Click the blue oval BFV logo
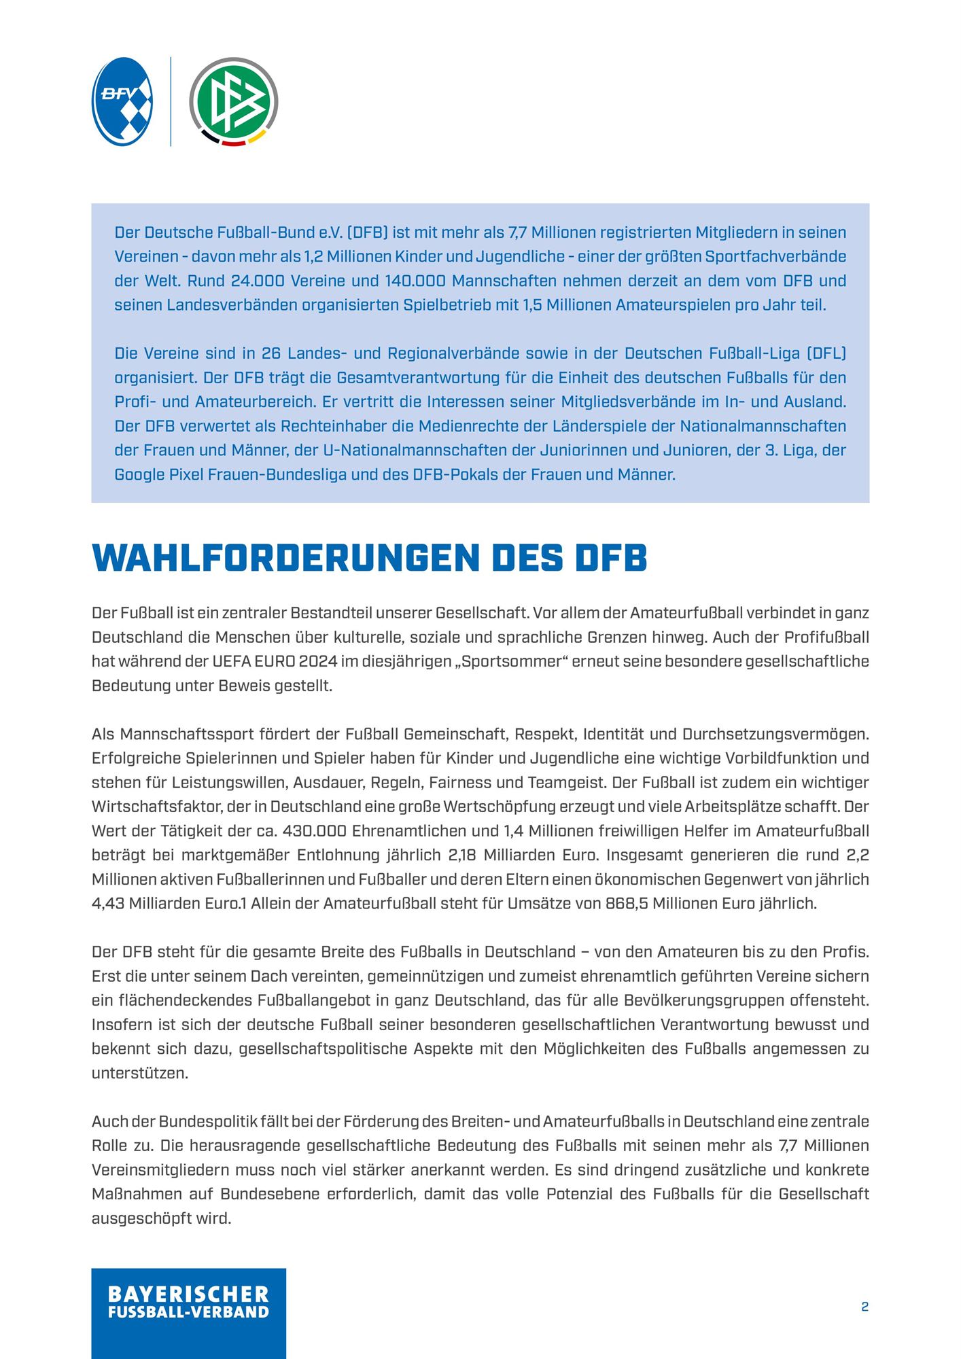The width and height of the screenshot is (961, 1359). pyautogui.click(x=122, y=101)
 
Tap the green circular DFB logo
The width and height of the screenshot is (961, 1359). pyautogui.click(x=233, y=101)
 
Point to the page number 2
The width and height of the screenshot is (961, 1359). pyautogui.click(x=864, y=1306)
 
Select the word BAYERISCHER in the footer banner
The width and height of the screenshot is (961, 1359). pyautogui.click(x=188, y=1294)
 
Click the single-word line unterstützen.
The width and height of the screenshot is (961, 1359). pyautogui.click(x=139, y=1074)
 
